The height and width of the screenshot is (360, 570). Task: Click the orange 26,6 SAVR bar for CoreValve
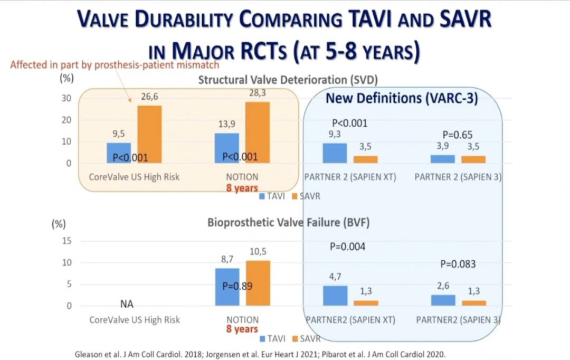click(x=150, y=134)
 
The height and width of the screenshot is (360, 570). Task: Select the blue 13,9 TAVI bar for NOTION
click(x=226, y=148)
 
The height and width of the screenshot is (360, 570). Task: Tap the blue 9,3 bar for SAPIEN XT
click(x=335, y=153)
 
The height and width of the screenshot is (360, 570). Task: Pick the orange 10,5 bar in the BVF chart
click(x=258, y=283)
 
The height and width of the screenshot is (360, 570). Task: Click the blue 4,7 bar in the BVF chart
click(x=335, y=295)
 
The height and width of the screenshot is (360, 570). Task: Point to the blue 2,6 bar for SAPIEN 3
click(x=443, y=300)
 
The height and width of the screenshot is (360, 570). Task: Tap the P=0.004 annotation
click(x=348, y=247)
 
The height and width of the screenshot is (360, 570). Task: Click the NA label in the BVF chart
click(x=126, y=304)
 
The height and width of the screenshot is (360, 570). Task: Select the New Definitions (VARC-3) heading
click(x=402, y=98)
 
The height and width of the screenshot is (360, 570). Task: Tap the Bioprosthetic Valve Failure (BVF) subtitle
click(x=288, y=223)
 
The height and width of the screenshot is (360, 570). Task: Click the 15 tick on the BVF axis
click(x=66, y=241)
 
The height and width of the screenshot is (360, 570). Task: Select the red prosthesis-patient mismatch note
click(x=114, y=65)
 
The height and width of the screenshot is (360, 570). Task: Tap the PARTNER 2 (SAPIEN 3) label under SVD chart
click(x=458, y=177)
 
